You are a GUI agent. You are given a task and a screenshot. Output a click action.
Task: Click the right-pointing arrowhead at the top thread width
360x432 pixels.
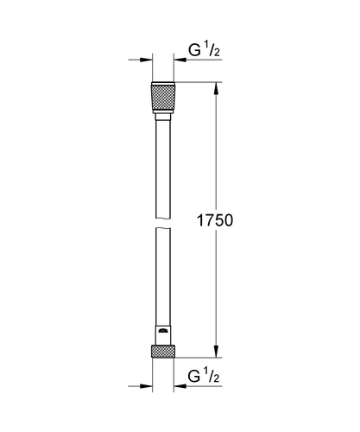click(143, 60)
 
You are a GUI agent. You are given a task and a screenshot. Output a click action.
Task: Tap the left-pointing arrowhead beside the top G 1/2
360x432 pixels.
click(182, 60)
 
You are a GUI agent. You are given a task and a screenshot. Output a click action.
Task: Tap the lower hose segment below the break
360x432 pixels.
click(162, 276)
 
